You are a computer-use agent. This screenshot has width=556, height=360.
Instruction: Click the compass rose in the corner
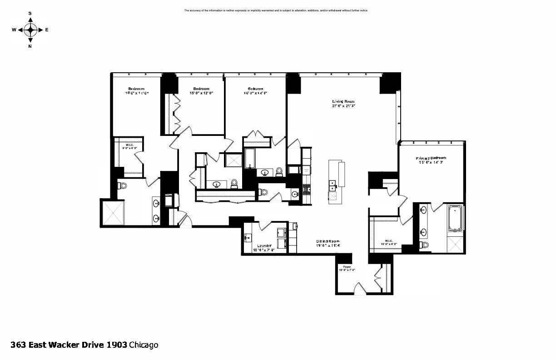click(30, 30)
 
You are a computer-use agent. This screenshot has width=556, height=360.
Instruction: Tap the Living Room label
click(343, 101)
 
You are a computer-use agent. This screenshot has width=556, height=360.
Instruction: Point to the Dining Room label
click(328, 241)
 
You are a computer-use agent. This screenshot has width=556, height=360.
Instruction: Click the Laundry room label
click(263, 245)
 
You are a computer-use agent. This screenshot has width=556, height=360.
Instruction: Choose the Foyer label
click(347, 267)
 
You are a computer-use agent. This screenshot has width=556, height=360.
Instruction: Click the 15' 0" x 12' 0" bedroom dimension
click(201, 93)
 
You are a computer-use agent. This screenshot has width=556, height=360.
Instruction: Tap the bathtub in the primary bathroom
click(455, 218)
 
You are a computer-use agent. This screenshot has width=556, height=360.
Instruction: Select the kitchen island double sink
click(333, 186)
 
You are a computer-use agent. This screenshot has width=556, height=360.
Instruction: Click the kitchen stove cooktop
click(306, 188)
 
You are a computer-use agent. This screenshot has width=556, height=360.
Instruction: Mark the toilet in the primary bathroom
click(425, 245)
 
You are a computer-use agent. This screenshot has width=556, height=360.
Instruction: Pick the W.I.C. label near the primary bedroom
click(389, 241)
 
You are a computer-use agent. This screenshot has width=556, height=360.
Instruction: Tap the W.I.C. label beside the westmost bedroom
click(129, 145)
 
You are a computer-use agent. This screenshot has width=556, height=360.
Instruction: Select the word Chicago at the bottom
click(144, 345)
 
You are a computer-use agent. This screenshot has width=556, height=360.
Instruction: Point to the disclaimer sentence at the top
click(276, 10)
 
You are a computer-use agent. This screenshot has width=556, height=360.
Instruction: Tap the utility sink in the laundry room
click(248, 237)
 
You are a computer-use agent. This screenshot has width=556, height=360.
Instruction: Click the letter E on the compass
click(47, 30)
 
